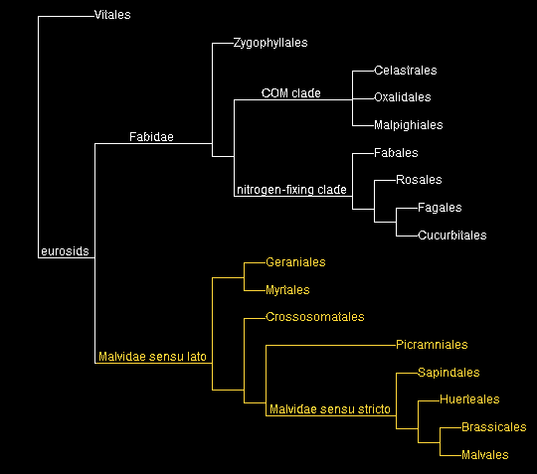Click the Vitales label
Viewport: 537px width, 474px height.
(x=111, y=15)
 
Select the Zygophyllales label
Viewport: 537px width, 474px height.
(x=270, y=44)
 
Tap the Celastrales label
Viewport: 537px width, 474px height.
(x=405, y=71)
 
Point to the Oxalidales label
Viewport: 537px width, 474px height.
(x=404, y=97)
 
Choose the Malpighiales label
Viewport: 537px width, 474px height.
(x=408, y=125)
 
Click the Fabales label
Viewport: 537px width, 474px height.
(x=396, y=153)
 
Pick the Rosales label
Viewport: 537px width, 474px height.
(x=419, y=180)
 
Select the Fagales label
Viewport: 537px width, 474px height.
(x=441, y=208)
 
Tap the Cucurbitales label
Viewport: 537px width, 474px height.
(x=453, y=236)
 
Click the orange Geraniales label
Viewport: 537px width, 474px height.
(x=295, y=262)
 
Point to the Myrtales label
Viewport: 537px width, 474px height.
(x=287, y=290)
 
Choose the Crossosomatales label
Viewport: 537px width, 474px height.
(x=315, y=317)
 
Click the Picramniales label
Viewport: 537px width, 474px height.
(x=431, y=345)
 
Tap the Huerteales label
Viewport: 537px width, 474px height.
(x=469, y=399)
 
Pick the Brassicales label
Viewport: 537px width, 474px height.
(x=493, y=427)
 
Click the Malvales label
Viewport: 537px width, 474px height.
(x=484, y=455)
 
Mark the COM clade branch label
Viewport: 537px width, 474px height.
(x=291, y=92)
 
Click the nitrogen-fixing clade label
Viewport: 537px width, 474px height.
(x=290, y=190)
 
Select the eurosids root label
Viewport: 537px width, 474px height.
(x=66, y=251)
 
